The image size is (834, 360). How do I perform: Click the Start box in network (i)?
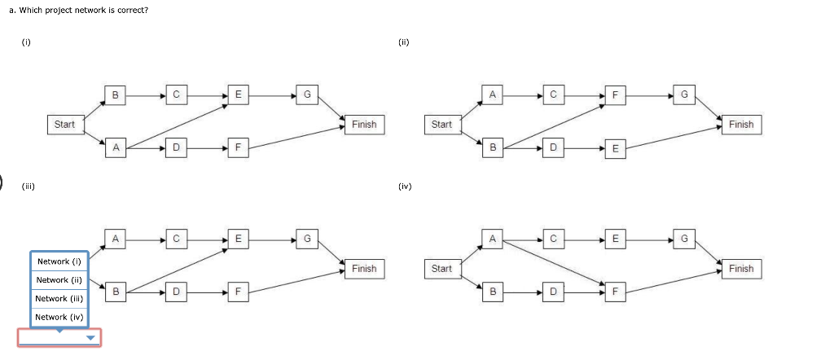pyautogui.click(x=64, y=125)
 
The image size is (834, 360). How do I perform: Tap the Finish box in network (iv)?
pyautogui.click(x=741, y=269)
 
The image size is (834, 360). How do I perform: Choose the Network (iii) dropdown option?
pyautogui.click(x=59, y=299)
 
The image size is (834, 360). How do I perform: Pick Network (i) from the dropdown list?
pyautogui.click(x=59, y=261)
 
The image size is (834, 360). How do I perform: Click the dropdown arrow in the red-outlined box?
pyautogui.click(x=90, y=338)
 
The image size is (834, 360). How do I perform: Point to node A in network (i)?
pyautogui.click(x=116, y=147)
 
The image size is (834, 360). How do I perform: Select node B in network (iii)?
pyautogui.click(x=116, y=290)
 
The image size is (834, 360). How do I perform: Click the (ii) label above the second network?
pyautogui.click(x=403, y=42)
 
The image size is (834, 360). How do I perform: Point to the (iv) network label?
pyautogui.click(x=405, y=187)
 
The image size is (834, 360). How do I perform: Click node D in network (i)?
pyautogui.click(x=176, y=147)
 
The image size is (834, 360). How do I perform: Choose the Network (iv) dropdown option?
pyautogui.click(x=59, y=317)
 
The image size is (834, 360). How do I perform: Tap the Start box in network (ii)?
pyautogui.click(x=441, y=125)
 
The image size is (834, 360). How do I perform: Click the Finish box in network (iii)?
pyautogui.click(x=364, y=269)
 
